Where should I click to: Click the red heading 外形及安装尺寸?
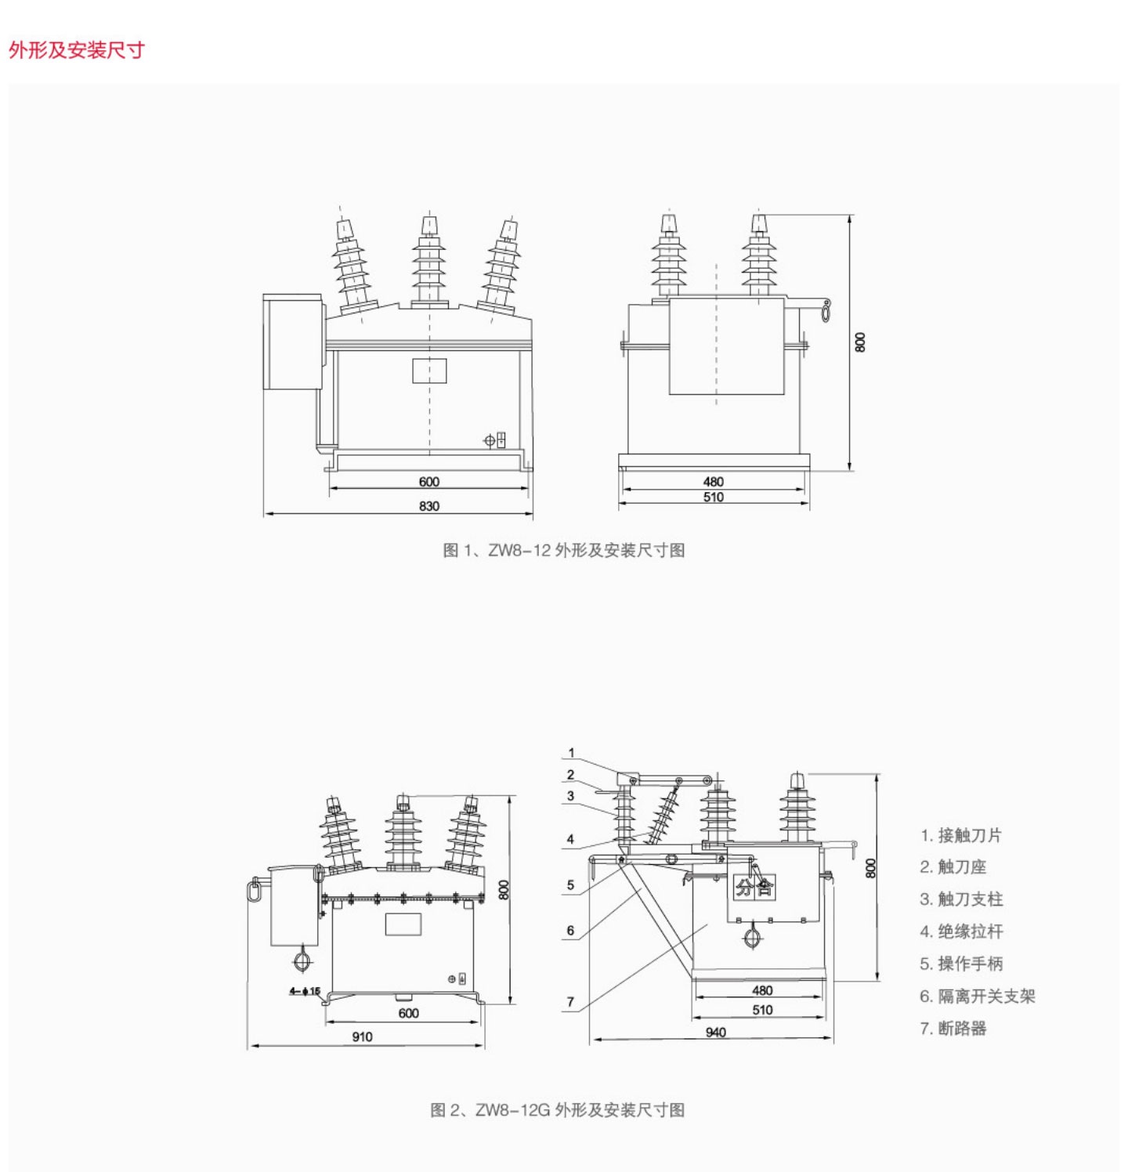click(77, 50)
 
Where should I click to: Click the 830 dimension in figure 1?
click(428, 506)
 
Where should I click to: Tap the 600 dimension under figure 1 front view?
click(428, 482)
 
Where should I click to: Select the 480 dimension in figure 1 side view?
click(713, 482)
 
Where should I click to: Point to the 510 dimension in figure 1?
click(713, 497)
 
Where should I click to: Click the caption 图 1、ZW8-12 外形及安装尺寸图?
click(563, 550)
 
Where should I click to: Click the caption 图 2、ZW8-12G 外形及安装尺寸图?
click(557, 1109)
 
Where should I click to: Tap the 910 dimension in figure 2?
click(362, 1036)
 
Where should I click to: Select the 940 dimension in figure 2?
click(715, 1033)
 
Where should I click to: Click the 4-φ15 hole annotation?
click(305, 991)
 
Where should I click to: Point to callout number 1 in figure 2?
click(571, 753)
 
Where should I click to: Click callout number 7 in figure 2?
click(570, 1002)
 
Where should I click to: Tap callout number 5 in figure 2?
click(570, 885)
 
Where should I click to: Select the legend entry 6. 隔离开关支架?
click(977, 996)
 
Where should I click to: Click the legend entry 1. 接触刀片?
click(960, 835)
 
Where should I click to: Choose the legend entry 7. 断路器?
click(953, 1028)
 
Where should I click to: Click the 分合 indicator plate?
click(754, 887)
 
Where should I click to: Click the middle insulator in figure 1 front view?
click(428, 262)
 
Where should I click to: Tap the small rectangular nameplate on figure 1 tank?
click(429, 371)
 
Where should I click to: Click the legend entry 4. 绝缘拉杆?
click(960, 931)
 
